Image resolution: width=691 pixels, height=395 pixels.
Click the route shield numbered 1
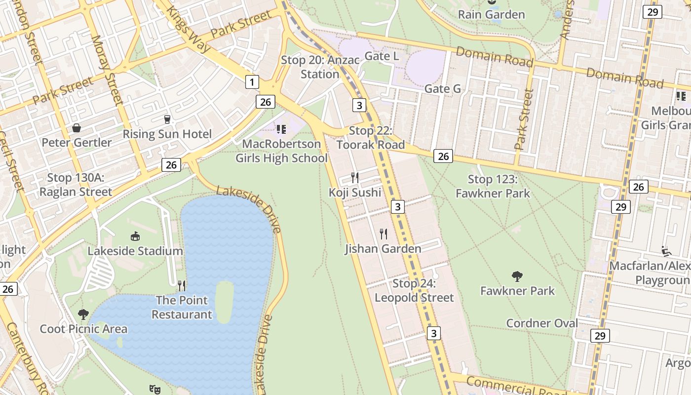252,82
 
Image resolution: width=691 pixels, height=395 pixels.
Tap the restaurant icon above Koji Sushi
354,178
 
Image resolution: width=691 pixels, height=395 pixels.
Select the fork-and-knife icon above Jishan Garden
383,234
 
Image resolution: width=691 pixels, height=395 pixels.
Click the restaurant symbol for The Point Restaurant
182,285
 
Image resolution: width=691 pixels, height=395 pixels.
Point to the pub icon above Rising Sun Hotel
167,119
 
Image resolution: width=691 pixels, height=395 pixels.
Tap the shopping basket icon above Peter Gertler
77,128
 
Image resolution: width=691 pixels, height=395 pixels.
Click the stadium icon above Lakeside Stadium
135,237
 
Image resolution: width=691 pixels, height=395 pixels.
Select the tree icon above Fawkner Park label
517,276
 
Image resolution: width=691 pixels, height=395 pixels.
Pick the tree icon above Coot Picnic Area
83,314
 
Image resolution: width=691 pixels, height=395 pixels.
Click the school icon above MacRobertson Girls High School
281,129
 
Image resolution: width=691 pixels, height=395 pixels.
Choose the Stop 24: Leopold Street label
414,290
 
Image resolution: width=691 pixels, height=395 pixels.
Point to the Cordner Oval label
542,323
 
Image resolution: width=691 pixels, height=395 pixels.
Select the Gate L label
382,56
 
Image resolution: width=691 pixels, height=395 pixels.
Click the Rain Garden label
491,14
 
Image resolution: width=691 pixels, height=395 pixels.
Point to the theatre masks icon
155,389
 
